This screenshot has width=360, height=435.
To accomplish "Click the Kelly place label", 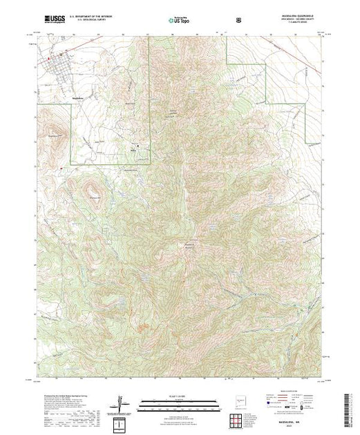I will point(133,146).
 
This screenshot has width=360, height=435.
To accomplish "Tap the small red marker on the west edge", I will point(61,167).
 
